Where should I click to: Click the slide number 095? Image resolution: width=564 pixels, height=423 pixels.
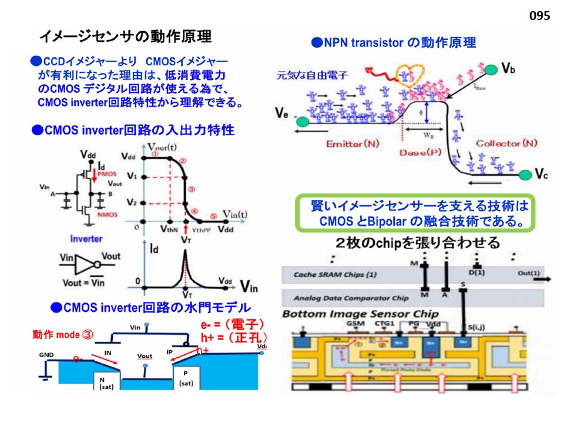tap(539, 16)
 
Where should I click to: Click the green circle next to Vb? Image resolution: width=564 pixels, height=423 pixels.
tap(491, 70)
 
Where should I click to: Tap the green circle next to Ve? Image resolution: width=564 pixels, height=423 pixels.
tap(302, 121)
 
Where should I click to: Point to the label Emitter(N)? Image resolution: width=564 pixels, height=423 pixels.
tap(353, 143)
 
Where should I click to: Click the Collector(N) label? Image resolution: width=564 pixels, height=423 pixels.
tap(506, 143)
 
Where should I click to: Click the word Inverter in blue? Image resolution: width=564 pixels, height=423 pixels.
tap(86, 239)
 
